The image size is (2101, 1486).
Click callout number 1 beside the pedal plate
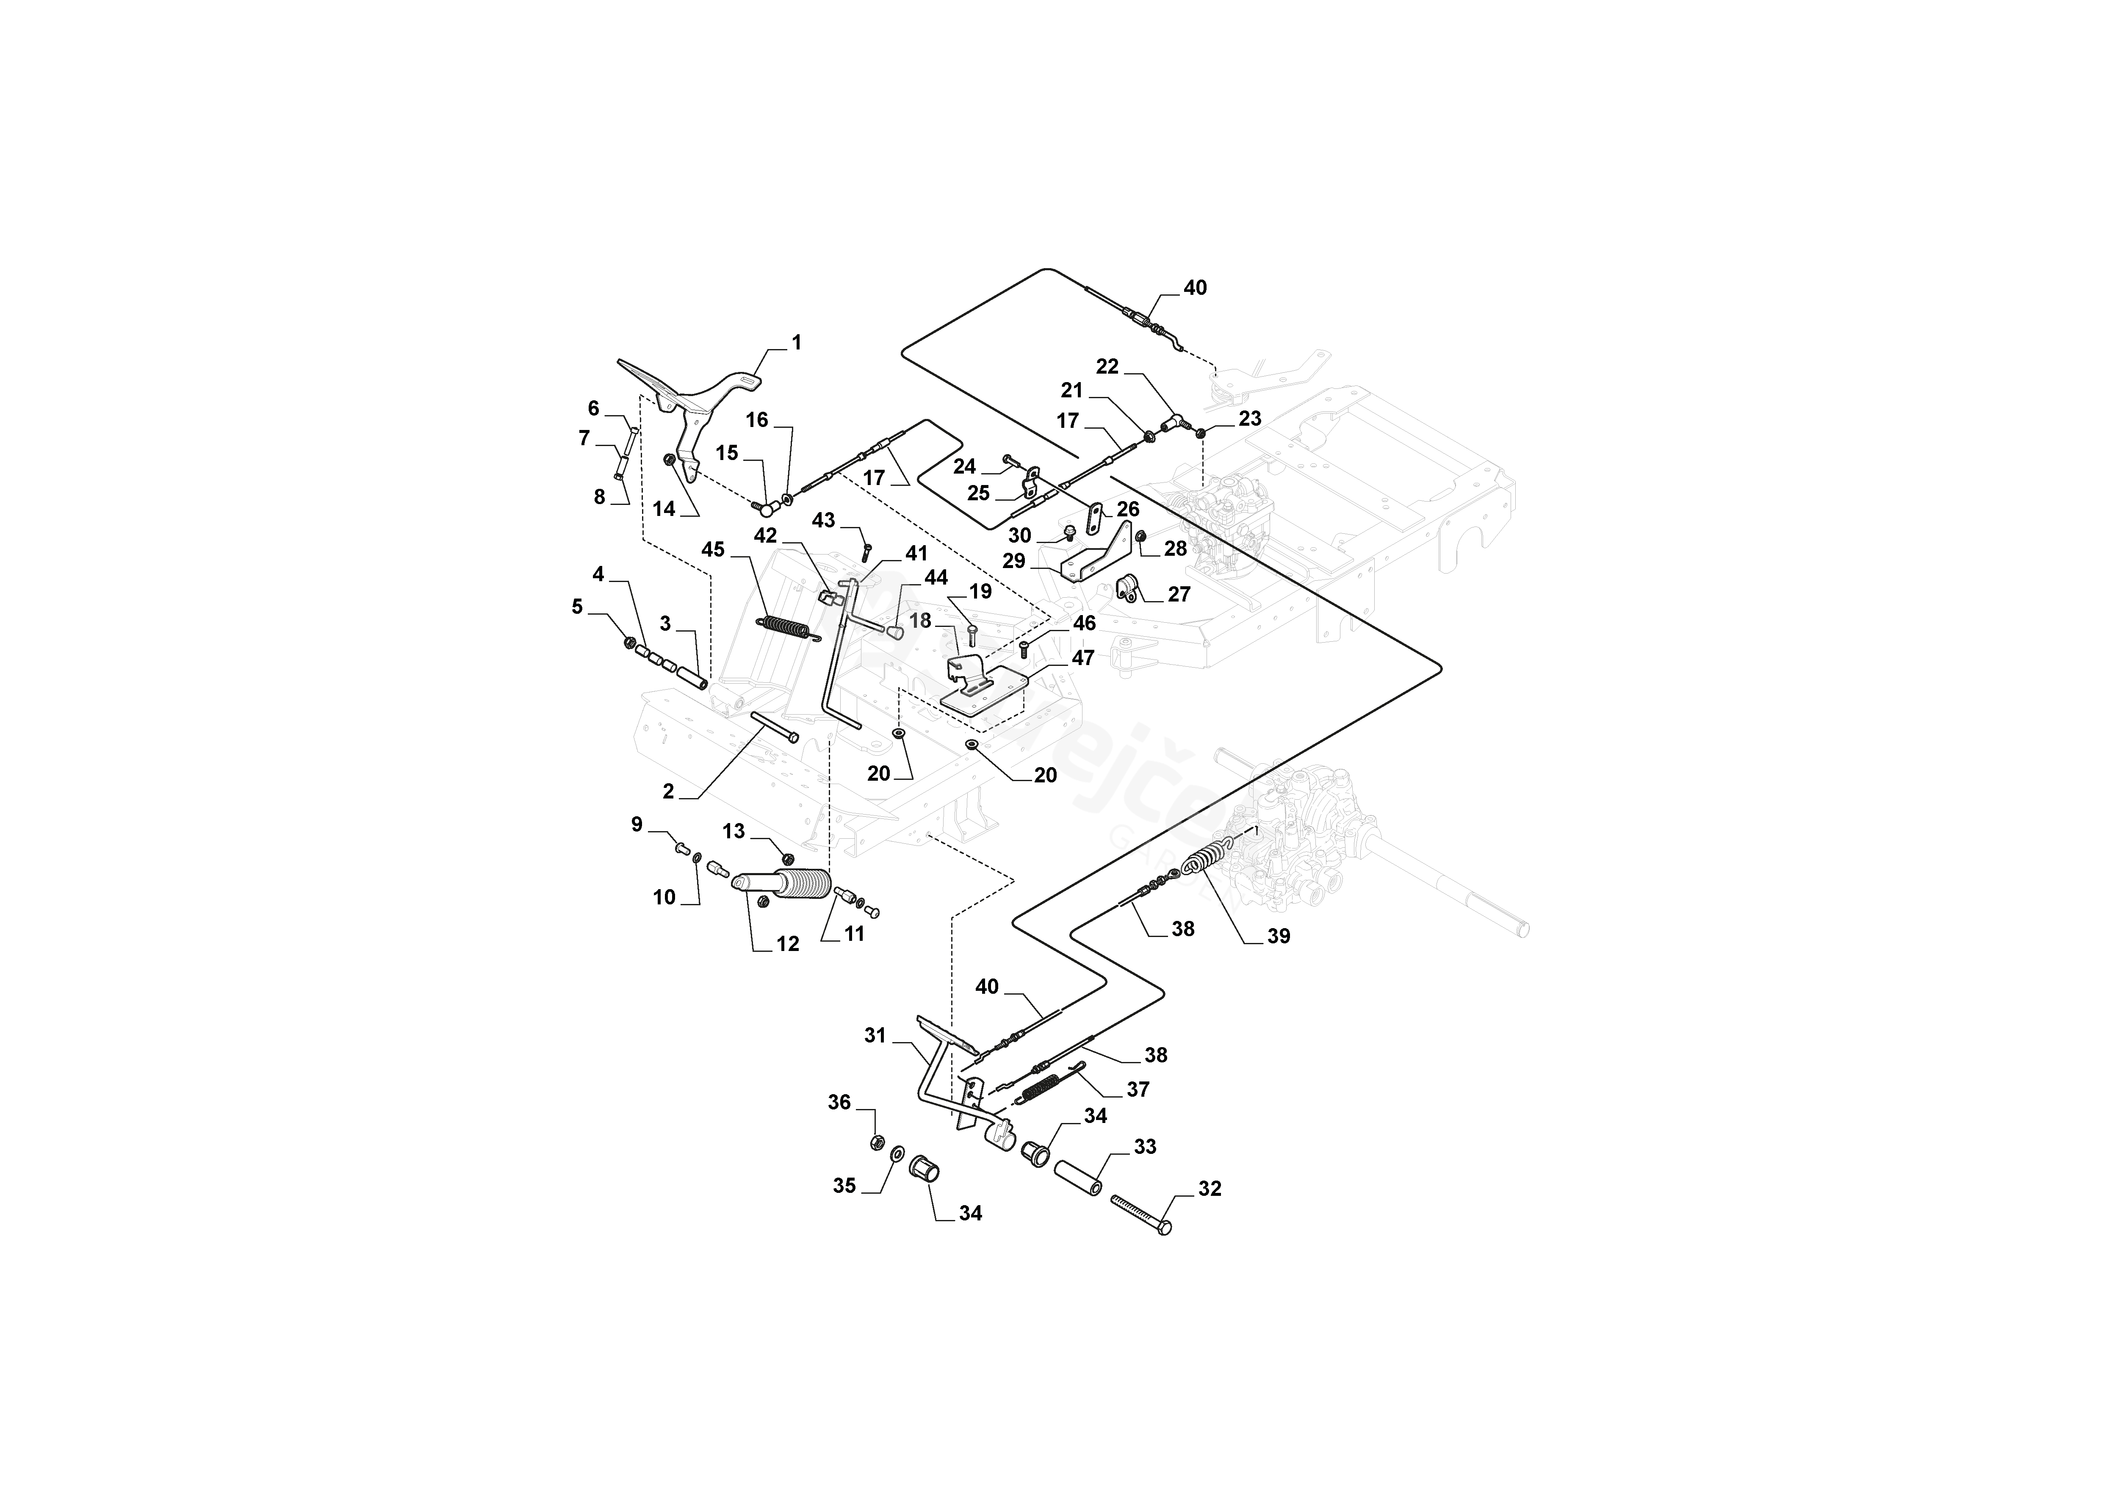(x=796, y=343)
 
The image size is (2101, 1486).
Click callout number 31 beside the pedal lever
(x=876, y=1036)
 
